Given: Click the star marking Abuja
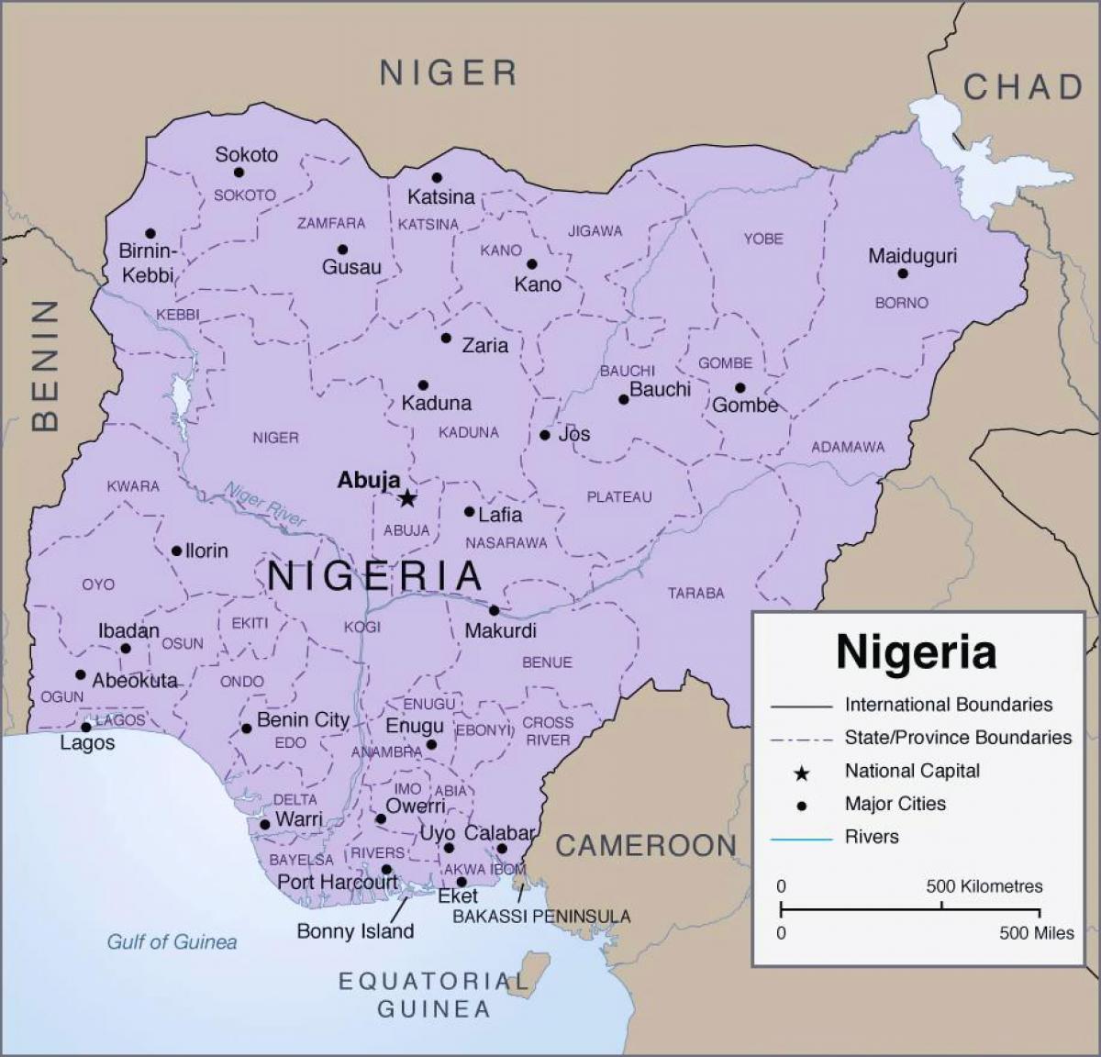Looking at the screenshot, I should pyautogui.click(x=407, y=498).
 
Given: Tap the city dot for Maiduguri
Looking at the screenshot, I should pyautogui.click(x=903, y=273).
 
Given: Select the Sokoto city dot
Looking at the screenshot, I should pyautogui.click(x=239, y=172).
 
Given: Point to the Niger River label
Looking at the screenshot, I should pyautogui.click(x=265, y=504).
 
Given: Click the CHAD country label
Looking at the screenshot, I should pyautogui.click(x=1024, y=87).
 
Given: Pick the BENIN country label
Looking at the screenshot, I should pyautogui.click(x=45, y=365).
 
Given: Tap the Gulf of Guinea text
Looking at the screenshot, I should pyautogui.click(x=172, y=941).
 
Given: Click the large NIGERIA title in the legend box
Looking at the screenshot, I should pyautogui.click(x=916, y=651).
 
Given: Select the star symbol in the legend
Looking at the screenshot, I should pyautogui.click(x=801, y=773).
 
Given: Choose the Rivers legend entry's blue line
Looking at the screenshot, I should pyautogui.click(x=801, y=838).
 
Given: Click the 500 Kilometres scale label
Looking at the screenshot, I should pyautogui.click(x=984, y=886).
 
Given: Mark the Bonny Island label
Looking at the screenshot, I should pyautogui.click(x=355, y=931).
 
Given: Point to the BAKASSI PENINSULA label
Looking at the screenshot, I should pyautogui.click(x=541, y=916).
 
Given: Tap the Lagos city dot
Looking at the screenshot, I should pyautogui.click(x=85, y=727).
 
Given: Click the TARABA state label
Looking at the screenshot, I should pyautogui.click(x=695, y=593).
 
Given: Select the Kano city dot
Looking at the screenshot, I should pyautogui.click(x=531, y=264).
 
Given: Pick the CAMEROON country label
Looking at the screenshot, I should pyautogui.click(x=646, y=845).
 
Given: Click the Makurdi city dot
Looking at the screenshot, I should pyautogui.click(x=494, y=610).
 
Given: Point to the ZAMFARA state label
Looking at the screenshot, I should pyautogui.click(x=331, y=223).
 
